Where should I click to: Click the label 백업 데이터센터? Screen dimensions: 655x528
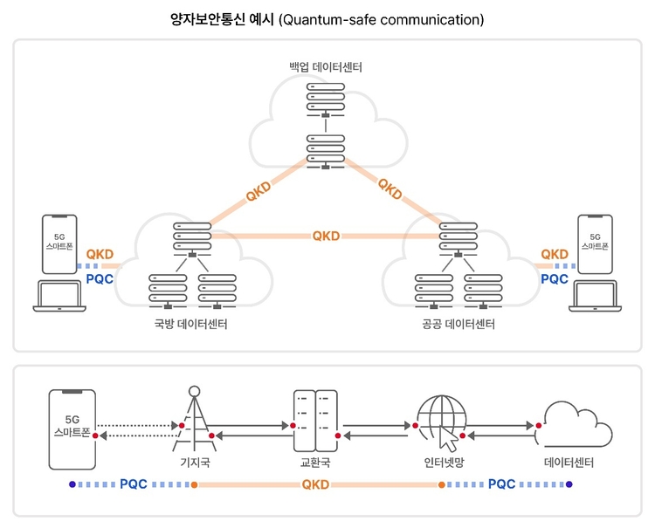tap(326, 67)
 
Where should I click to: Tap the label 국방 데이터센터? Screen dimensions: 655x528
tap(191, 324)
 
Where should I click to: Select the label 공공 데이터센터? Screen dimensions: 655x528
tap(458, 324)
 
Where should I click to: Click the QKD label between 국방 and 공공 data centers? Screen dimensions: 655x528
tap(327, 236)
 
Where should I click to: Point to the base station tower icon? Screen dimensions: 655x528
tap(194, 419)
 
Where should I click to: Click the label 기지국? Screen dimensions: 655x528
tap(195, 462)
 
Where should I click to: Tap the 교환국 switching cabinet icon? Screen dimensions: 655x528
tap(315, 421)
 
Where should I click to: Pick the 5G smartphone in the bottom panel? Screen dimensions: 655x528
tap(72, 429)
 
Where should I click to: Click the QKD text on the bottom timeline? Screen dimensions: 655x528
tap(315, 484)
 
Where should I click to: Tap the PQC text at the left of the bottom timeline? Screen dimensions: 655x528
tap(134, 484)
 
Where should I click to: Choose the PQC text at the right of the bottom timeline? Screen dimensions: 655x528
tap(501, 484)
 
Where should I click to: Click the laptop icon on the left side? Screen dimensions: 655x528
tap(59, 296)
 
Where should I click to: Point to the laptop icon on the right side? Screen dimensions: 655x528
tap(596, 296)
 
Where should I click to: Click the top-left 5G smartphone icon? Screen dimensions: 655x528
tap(59, 244)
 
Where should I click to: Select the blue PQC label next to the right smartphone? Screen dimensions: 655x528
tap(555, 278)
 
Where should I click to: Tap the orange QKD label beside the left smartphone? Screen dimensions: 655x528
tap(100, 254)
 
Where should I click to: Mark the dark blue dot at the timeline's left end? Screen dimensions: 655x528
tap(72, 484)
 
